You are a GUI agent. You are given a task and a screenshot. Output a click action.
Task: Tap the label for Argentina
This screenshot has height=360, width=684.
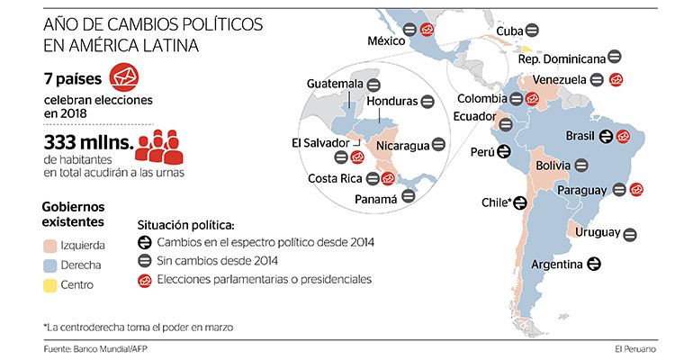tap(559, 265)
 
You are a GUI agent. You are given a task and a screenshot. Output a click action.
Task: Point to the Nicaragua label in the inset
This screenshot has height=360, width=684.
tap(402, 144)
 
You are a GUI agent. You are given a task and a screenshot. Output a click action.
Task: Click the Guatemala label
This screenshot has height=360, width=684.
tap(335, 83)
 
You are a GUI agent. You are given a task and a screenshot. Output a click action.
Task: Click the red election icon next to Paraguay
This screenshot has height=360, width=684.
tap(636, 189)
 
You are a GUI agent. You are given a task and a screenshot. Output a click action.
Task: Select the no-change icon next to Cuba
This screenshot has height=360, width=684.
tap(533, 31)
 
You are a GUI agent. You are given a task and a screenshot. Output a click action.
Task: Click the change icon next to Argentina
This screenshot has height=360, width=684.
tap(594, 265)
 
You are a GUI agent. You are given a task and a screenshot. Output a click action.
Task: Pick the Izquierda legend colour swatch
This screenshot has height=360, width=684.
tap(51, 244)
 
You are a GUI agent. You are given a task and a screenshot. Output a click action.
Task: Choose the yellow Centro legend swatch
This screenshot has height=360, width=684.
tap(51, 285)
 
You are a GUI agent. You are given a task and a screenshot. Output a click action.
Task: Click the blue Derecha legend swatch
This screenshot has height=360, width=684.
tap(51, 265)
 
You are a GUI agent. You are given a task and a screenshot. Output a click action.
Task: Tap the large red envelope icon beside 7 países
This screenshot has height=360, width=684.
tap(124, 76)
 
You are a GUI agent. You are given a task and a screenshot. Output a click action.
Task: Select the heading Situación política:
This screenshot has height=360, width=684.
tap(185, 223)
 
